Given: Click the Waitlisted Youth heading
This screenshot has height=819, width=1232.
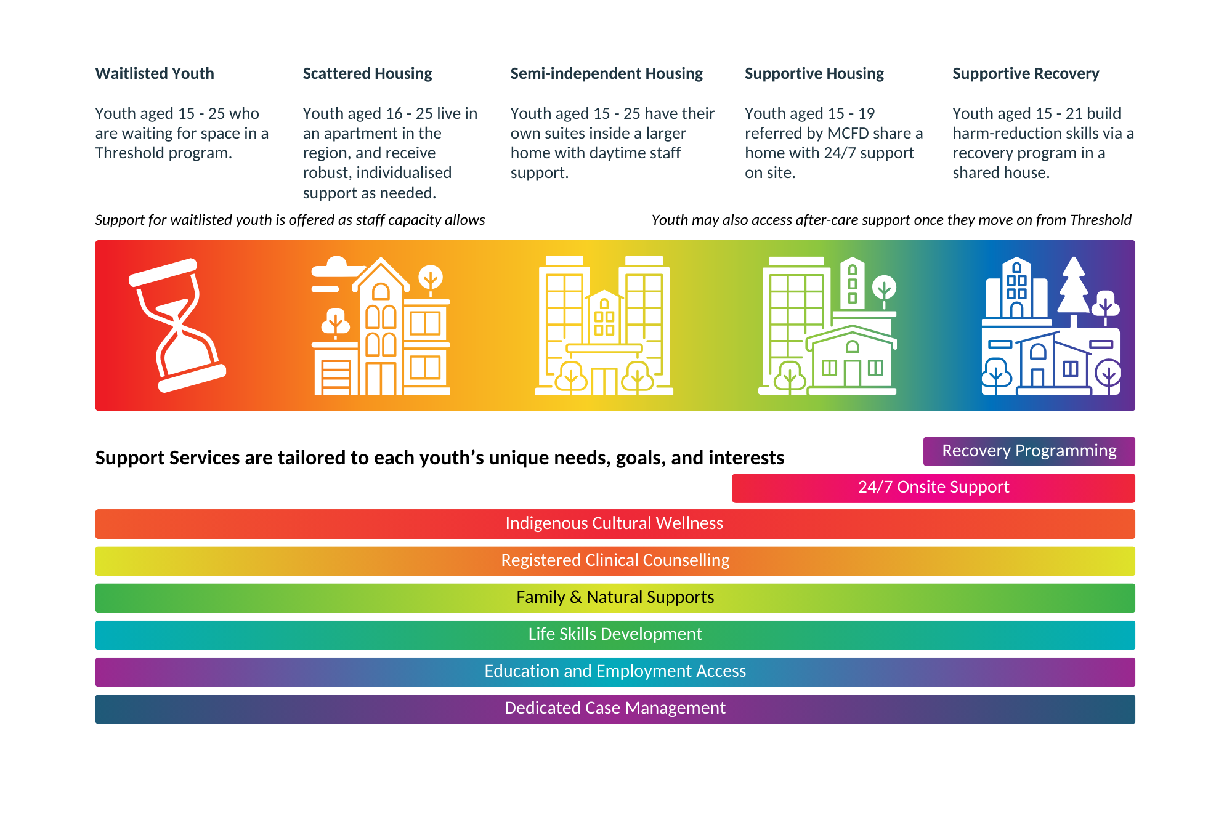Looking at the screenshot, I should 155,73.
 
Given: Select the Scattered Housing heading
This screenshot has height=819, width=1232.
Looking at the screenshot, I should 367,73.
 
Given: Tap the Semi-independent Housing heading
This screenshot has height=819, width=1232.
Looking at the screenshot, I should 606,73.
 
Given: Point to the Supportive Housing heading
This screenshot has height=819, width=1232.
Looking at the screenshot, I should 814,73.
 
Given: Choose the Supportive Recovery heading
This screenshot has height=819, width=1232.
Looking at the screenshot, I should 1026,73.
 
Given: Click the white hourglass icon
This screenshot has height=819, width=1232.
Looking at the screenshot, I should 177,325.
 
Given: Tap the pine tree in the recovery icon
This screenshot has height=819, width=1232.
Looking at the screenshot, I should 1074,286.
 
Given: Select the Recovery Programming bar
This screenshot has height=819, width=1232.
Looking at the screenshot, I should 1029,451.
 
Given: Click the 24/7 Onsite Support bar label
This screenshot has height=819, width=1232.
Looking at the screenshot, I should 933,487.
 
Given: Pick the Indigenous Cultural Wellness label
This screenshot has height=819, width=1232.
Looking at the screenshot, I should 614,523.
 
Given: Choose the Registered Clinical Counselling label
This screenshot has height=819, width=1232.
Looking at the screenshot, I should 615,560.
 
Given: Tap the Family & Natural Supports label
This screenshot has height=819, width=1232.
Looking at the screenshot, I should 615,597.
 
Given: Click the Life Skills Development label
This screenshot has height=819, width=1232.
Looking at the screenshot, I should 615,634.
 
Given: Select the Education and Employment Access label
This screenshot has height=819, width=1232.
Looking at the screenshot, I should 615,671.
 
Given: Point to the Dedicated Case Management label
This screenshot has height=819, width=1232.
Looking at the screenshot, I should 615,708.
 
